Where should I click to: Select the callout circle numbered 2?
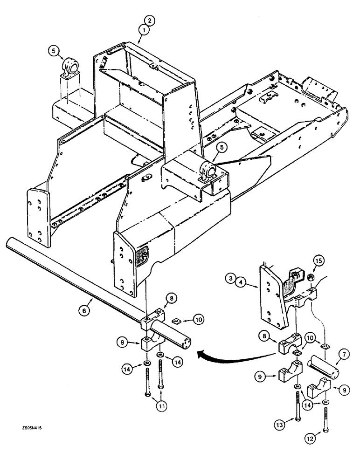(x=149, y=21)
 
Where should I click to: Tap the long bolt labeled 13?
(x=297, y=401)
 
